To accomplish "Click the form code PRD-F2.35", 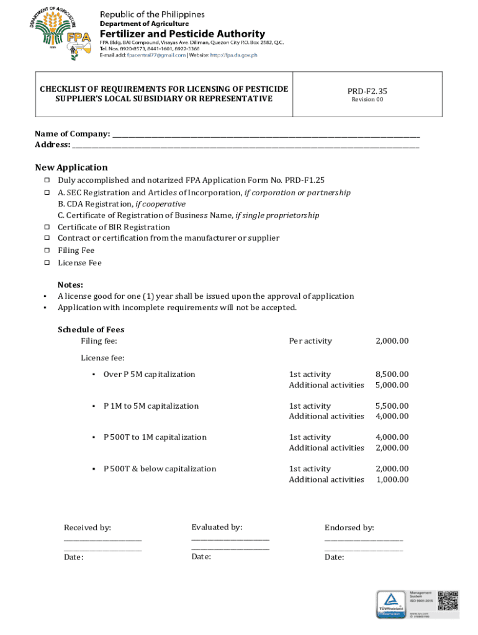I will (x=368, y=91).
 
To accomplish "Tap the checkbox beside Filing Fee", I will (x=47, y=251).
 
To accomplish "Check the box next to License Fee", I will (x=47, y=263).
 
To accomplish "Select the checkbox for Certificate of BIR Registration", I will (x=47, y=227).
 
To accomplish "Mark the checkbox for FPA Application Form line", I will (x=47, y=180).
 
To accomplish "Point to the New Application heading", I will (x=71, y=167).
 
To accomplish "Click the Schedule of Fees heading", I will (x=91, y=329).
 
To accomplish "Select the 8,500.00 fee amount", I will (x=392, y=374).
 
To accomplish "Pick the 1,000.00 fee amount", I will (x=392, y=479).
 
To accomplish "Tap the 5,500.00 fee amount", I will (x=392, y=406).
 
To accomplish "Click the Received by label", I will (x=88, y=528).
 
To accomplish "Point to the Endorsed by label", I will (x=349, y=528).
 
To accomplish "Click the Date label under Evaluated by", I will (x=201, y=556).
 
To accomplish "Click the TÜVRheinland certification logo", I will (x=390, y=604).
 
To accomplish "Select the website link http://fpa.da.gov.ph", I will (x=233, y=55).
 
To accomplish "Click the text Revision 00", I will (x=368, y=100).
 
